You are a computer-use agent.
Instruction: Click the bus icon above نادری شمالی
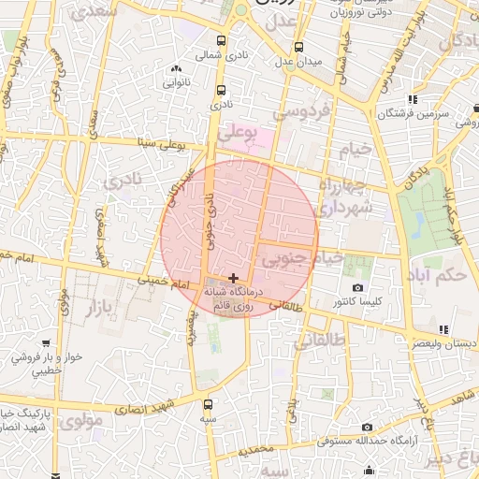click(x=221, y=41)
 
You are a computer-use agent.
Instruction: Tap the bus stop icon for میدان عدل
click(x=298, y=47)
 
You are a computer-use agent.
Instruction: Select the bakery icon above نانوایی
click(x=176, y=68)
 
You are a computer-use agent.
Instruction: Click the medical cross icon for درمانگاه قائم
click(x=232, y=278)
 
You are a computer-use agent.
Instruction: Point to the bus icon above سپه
click(x=207, y=405)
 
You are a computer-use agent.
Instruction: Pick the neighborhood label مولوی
click(x=84, y=422)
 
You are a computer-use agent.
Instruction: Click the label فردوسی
click(x=301, y=111)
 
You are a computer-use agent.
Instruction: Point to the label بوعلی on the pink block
click(x=236, y=137)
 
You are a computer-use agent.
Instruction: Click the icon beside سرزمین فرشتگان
click(x=412, y=100)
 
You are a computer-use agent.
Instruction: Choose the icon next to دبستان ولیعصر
click(x=443, y=329)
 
